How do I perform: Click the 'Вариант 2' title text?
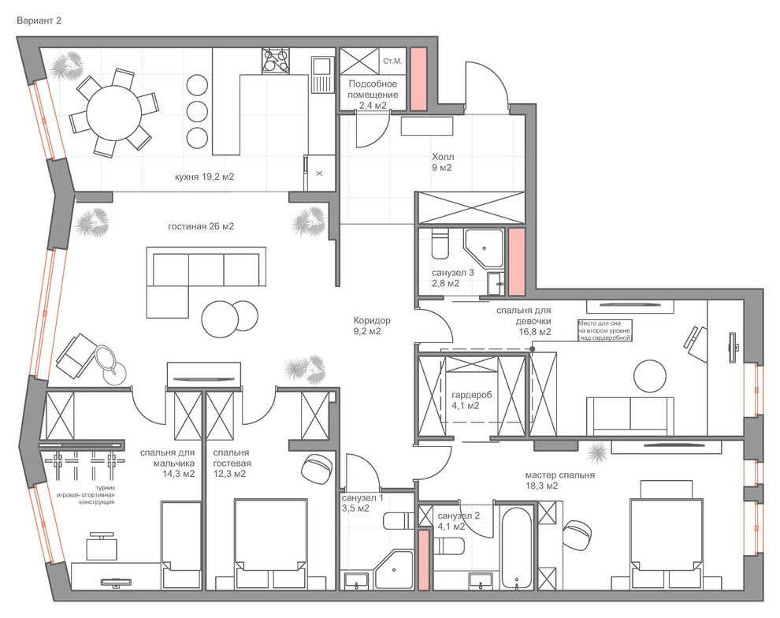pyautogui.click(x=39, y=21)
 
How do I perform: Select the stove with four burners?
pyautogui.click(x=276, y=61)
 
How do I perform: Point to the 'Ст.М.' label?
pyautogui.click(x=392, y=61)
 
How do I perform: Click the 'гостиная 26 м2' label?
pyautogui.click(x=200, y=226)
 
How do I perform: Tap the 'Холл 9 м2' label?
pyautogui.click(x=442, y=162)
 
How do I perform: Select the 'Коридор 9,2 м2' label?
pyautogui.click(x=372, y=326)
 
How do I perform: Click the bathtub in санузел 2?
pyautogui.click(x=517, y=548)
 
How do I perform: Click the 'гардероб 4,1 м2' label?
pyautogui.click(x=472, y=400)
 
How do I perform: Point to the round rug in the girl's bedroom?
pyautogui.click(x=650, y=376)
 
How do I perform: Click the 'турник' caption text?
pyautogui.click(x=105, y=488)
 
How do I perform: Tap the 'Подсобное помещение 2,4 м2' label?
pyautogui.click(x=373, y=94)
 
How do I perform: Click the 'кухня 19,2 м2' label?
pyautogui.click(x=204, y=177)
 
